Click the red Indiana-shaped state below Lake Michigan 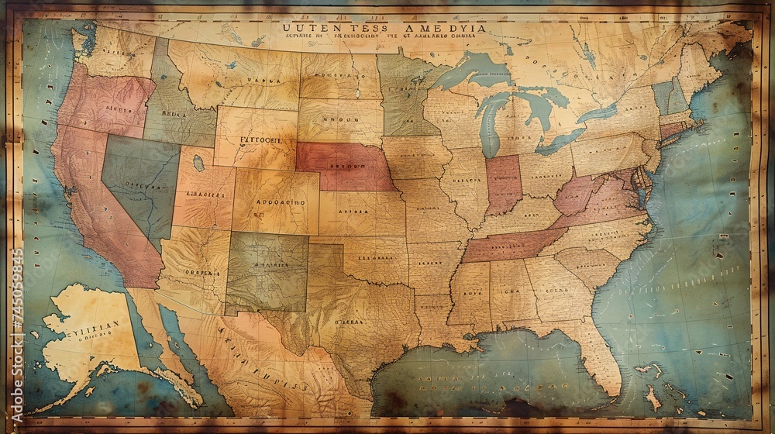point(502,184)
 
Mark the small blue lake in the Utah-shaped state point(199,163)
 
